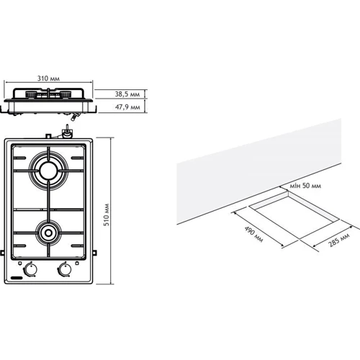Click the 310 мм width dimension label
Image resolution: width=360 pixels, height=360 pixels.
48,78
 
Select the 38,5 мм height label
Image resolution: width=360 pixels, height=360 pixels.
127,94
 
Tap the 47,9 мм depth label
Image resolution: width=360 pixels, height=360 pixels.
127,107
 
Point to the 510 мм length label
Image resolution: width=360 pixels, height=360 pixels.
106,215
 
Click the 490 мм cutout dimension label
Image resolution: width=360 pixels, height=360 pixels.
253,234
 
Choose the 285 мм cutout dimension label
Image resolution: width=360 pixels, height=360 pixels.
339,240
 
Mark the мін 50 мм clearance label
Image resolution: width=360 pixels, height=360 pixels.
305,186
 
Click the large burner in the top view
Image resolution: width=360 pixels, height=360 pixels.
48,171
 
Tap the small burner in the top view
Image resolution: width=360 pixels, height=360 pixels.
48,233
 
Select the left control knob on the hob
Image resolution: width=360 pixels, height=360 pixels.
31,269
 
